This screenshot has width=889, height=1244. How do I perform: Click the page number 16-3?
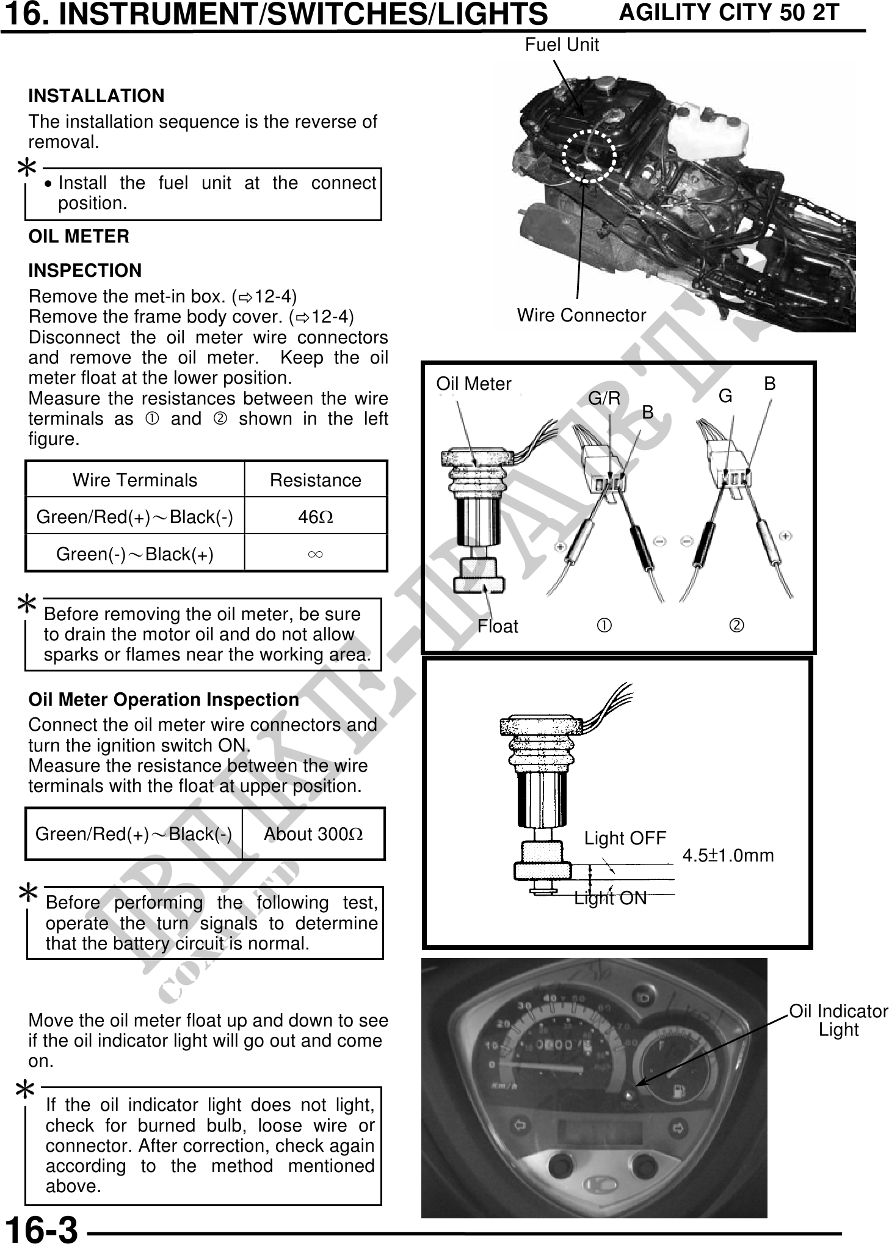[x=42, y=1228]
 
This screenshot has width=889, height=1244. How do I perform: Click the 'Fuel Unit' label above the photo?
[x=562, y=45]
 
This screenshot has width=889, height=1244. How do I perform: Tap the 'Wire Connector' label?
[x=581, y=315]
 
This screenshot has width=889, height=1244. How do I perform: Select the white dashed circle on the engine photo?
[x=589, y=156]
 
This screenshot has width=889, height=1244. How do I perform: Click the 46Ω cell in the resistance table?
[x=315, y=517]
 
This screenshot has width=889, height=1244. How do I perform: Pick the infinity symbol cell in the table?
[x=315, y=554]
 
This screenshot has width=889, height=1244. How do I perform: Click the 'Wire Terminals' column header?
[x=135, y=480]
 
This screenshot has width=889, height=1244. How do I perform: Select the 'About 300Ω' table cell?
[x=313, y=834]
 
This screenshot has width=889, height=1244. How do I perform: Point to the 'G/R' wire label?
[x=604, y=399]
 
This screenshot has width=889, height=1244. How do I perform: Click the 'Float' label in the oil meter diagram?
[x=498, y=626]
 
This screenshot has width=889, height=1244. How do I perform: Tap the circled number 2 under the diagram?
[x=737, y=626]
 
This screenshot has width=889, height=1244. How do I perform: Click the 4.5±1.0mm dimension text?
[x=728, y=855]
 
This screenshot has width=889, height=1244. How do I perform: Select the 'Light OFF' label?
[x=625, y=838]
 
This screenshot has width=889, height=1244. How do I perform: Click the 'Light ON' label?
[x=610, y=898]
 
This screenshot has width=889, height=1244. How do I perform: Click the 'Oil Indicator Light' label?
[x=838, y=1020]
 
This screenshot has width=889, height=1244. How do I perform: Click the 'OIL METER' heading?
[x=79, y=237]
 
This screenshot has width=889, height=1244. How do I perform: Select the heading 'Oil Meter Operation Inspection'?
[x=164, y=700]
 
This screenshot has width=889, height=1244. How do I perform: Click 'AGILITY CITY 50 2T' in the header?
[x=729, y=13]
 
